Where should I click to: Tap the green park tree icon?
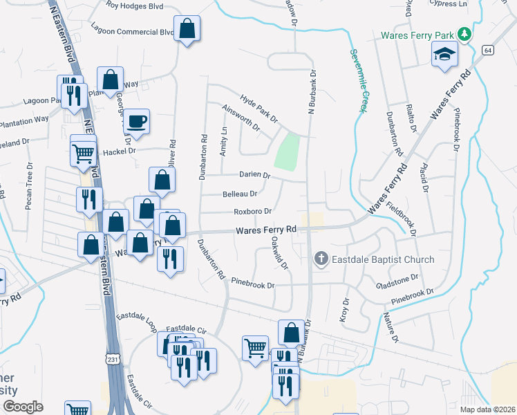[x=466, y=34]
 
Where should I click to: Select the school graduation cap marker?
[x=444, y=54]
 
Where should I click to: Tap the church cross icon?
[x=321, y=259]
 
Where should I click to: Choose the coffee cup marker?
[x=137, y=121]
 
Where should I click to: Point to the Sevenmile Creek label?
[x=358, y=80]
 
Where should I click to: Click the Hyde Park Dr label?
[x=259, y=109]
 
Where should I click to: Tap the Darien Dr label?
[x=254, y=175]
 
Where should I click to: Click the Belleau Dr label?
[x=240, y=194]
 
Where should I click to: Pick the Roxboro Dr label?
[x=252, y=211]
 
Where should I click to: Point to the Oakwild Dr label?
[x=279, y=252]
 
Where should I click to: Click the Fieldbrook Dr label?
[x=402, y=218]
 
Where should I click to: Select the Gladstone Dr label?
[x=397, y=282]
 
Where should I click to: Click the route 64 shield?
[x=488, y=50]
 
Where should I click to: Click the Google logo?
[x=23, y=407]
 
